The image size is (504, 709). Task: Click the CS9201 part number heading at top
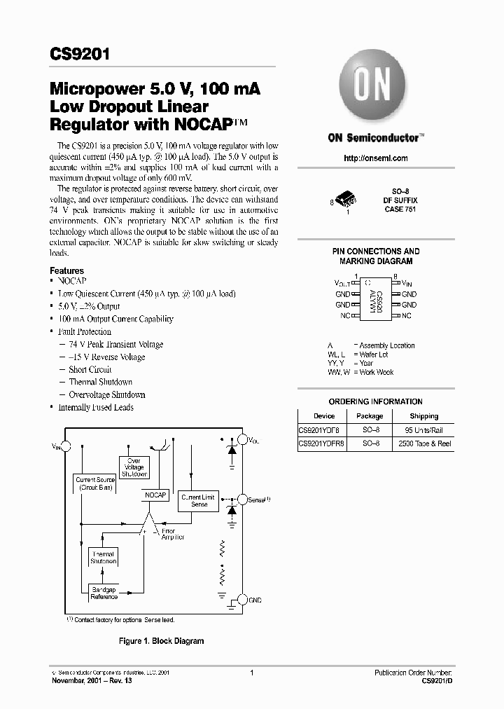[79, 55]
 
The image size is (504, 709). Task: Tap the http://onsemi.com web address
[376, 158]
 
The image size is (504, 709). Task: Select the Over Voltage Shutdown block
[134, 467]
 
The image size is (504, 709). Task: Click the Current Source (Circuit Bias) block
[96, 483]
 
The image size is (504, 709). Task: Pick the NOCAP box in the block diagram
[155, 495]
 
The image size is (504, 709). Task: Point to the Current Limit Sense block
[199, 500]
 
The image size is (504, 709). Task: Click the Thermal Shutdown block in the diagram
[102, 558]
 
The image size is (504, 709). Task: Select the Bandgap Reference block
[104, 594]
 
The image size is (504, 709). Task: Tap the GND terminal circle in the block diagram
[242, 599]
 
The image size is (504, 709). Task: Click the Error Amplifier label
[173, 534]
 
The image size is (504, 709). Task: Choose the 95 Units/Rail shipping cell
[424, 429]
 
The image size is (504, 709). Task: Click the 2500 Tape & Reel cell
[424, 443]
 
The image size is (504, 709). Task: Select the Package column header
[370, 416]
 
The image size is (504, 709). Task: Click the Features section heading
[66, 270]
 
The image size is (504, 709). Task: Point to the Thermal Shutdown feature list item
[100, 383]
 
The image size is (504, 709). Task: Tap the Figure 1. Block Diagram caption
[161, 641]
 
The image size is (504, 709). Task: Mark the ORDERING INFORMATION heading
[375, 401]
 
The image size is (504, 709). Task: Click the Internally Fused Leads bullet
[95, 408]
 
